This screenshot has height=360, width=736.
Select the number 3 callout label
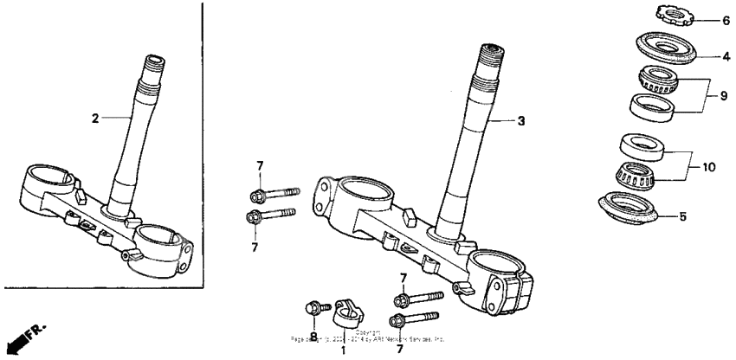(521, 122)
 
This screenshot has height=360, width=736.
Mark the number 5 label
(683, 216)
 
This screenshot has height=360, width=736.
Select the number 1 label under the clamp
(343, 350)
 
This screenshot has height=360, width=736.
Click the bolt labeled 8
(314, 307)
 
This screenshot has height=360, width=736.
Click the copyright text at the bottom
(367, 336)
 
